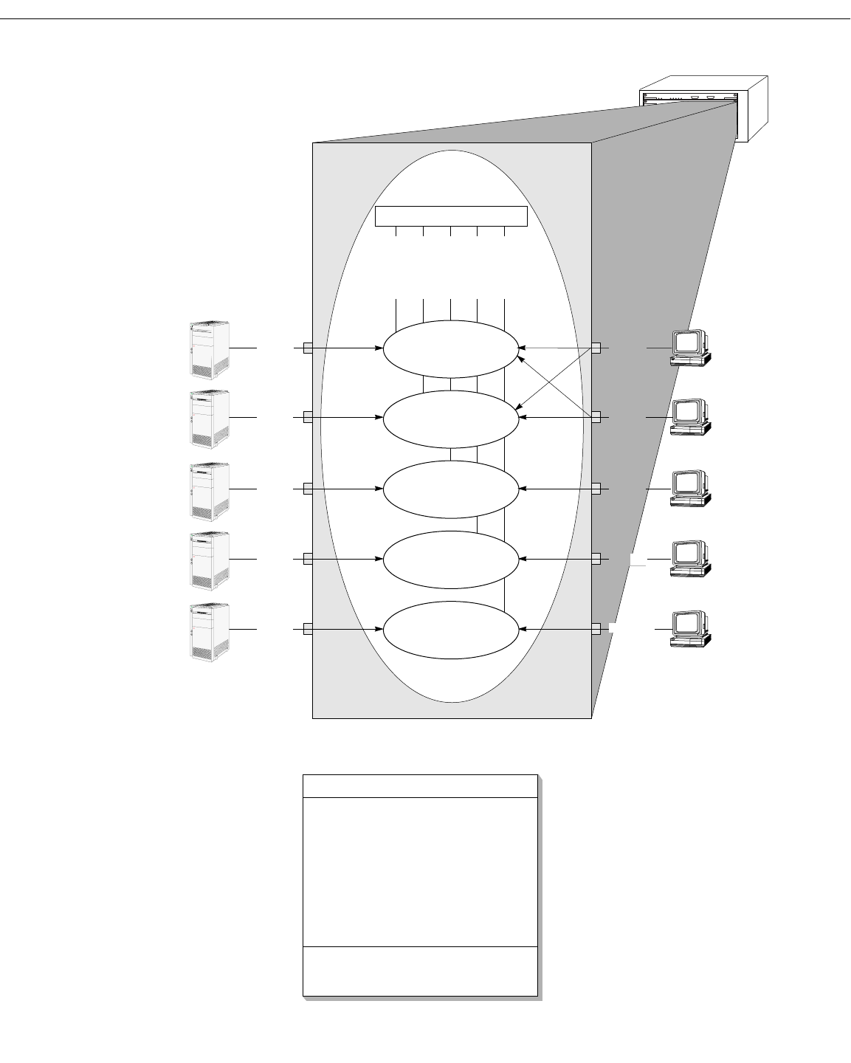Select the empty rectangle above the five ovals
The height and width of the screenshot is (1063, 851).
[x=451, y=216]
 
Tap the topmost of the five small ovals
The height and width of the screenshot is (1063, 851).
[x=451, y=348]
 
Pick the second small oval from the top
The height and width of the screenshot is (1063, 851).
[x=451, y=419]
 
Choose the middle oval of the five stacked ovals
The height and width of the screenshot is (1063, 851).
[x=451, y=489]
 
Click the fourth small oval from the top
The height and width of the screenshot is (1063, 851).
[x=451, y=560]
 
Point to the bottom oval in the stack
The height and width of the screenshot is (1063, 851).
[x=451, y=630]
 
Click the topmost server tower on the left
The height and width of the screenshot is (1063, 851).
[x=209, y=348]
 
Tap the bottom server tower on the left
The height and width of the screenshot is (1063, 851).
[x=209, y=631]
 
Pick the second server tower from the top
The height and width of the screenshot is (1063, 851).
[x=209, y=419]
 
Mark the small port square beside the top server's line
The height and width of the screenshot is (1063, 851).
[x=308, y=348]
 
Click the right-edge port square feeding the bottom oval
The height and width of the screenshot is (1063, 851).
[x=596, y=629]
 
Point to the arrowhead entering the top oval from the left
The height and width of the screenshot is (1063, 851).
[x=379, y=348]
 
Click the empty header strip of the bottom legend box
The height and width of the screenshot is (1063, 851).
[x=420, y=785]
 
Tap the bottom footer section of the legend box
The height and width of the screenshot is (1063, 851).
[x=420, y=971]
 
